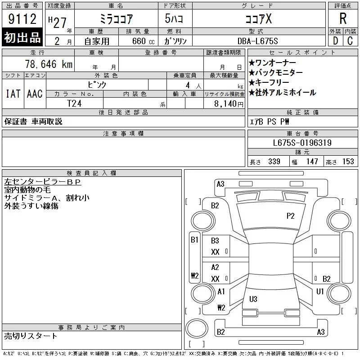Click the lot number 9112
(22, 19)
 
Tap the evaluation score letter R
(343, 18)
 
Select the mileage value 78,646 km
(49, 64)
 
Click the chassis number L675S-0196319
(302, 143)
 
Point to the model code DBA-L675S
(257, 41)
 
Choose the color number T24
(74, 103)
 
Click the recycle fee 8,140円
(229, 104)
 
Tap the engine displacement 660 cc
(143, 41)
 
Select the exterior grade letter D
(335, 41)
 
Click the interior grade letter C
(350, 41)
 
